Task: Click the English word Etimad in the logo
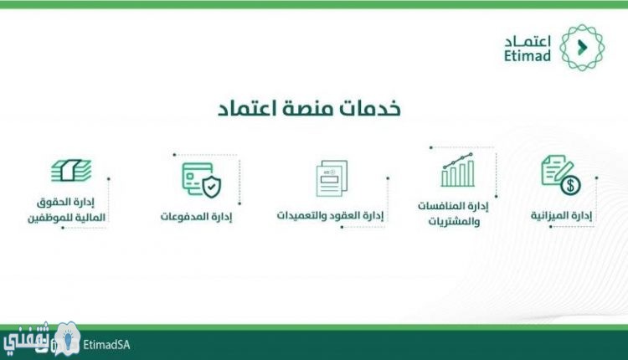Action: (527, 55)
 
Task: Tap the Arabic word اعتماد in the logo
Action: (528, 41)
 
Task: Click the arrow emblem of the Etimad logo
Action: (582, 48)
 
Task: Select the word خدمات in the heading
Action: (371, 108)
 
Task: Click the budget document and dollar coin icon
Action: (561, 175)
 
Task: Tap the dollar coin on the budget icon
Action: (570, 185)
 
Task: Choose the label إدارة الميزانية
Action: (561, 215)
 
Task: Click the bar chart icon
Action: (458, 170)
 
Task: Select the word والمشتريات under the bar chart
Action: (454, 222)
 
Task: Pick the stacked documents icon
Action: (332, 178)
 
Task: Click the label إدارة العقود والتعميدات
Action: (330, 215)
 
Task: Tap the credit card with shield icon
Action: (201, 180)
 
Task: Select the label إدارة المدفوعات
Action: (196, 217)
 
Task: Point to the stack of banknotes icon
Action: (71, 170)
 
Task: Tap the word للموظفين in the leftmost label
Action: (45, 218)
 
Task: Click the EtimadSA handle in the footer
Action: (106, 345)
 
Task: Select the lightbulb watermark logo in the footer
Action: (67, 340)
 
